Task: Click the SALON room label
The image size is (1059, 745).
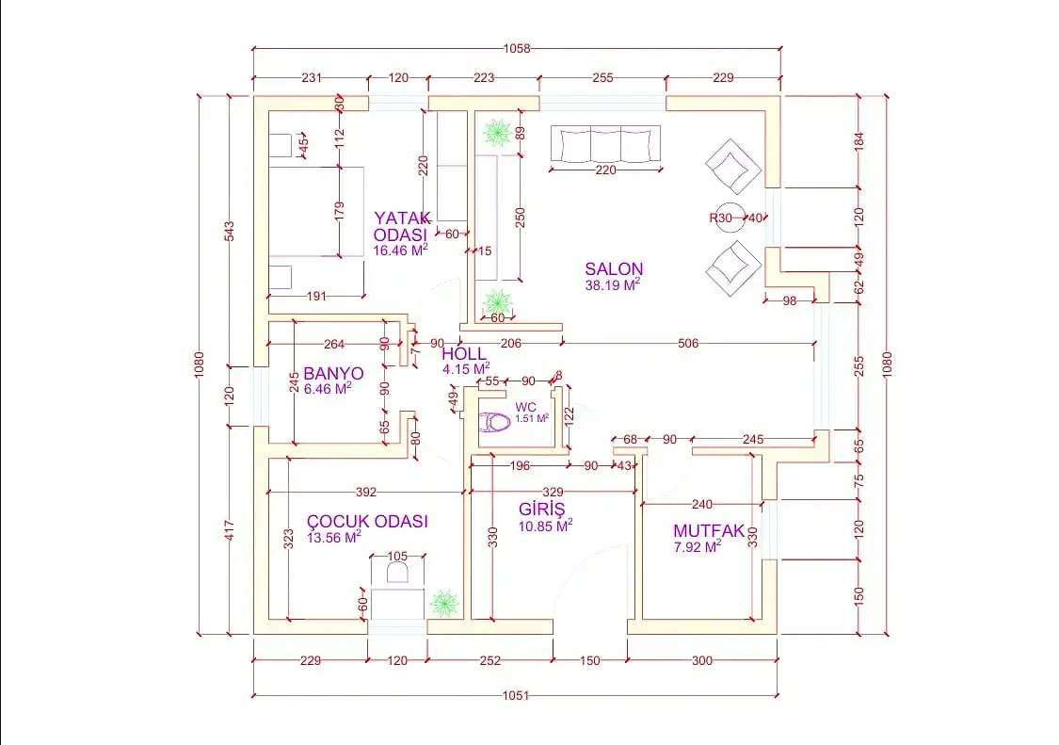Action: [614, 269]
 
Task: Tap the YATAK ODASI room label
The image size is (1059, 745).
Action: [402, 226]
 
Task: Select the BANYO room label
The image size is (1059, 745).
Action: [333, 373]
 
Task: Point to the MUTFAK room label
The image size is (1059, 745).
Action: [709, 531]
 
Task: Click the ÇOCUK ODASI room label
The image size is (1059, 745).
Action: [367, 521]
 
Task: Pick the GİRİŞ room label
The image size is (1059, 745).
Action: [541, 509]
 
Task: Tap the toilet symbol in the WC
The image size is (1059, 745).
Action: [494, 423]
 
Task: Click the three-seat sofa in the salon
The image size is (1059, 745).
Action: [605, 144]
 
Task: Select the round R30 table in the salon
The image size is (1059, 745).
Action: [730, 218]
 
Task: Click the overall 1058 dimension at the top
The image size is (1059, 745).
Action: [518, 49]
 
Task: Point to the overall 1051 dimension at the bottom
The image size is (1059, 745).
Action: [516, 695]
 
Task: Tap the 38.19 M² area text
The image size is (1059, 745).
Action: [613, 284]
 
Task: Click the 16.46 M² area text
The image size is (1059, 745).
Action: [400, 251]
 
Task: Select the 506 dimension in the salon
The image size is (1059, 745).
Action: [688, 344]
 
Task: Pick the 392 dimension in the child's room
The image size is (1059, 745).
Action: [366, 493]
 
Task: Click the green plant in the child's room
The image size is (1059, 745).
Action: [445, 603]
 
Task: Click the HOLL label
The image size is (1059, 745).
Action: [464, 353]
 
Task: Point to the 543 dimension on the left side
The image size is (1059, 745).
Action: [229, 231]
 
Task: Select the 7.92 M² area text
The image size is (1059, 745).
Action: [698, 547]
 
